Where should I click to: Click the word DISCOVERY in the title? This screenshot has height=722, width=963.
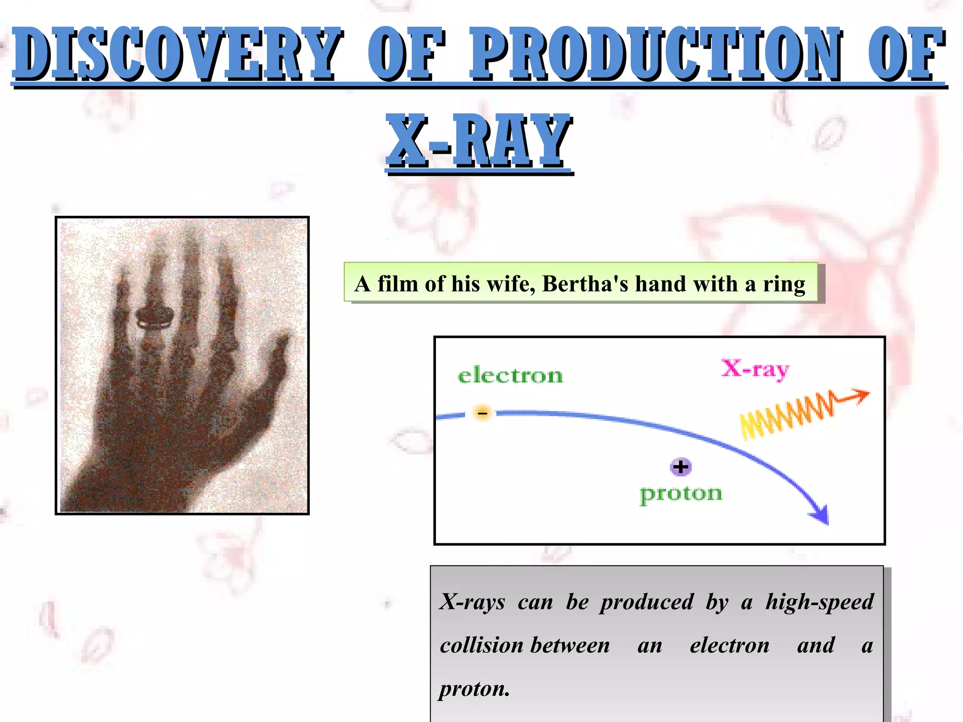click(176, 54)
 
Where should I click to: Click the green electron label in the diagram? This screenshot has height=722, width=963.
click(510, 376)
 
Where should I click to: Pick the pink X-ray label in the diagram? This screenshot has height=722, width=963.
click(755, 369)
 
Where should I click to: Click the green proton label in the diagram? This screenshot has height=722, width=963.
click(681, 494)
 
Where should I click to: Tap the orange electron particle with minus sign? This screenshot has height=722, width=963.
click(482, 413)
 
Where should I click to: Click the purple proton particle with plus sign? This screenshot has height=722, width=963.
click(680, 467)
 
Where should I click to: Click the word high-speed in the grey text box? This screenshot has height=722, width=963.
click(820, 602)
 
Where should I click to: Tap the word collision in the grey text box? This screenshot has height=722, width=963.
click(482, 645)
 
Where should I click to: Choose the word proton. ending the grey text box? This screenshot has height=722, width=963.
click(474, 689)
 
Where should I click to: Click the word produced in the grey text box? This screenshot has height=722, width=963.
click(647, 602)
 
